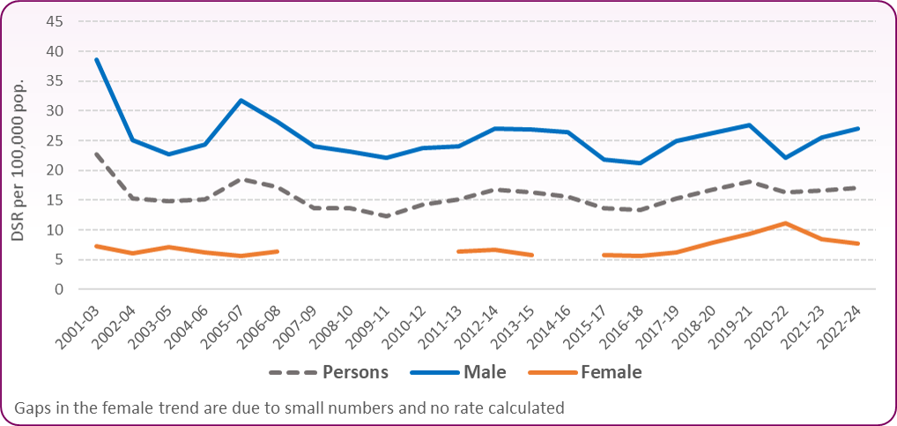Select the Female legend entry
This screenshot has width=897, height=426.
tap(612, 372)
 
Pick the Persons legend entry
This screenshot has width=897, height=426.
tap(357, 372)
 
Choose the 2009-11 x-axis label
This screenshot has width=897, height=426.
tap(374, 322)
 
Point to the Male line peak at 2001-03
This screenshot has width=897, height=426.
tap(96, 59)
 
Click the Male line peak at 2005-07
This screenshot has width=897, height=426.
tap(241, 101)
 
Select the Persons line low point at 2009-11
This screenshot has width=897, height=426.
tap(387, 216)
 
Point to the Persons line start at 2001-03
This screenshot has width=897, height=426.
tap(96, 154)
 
